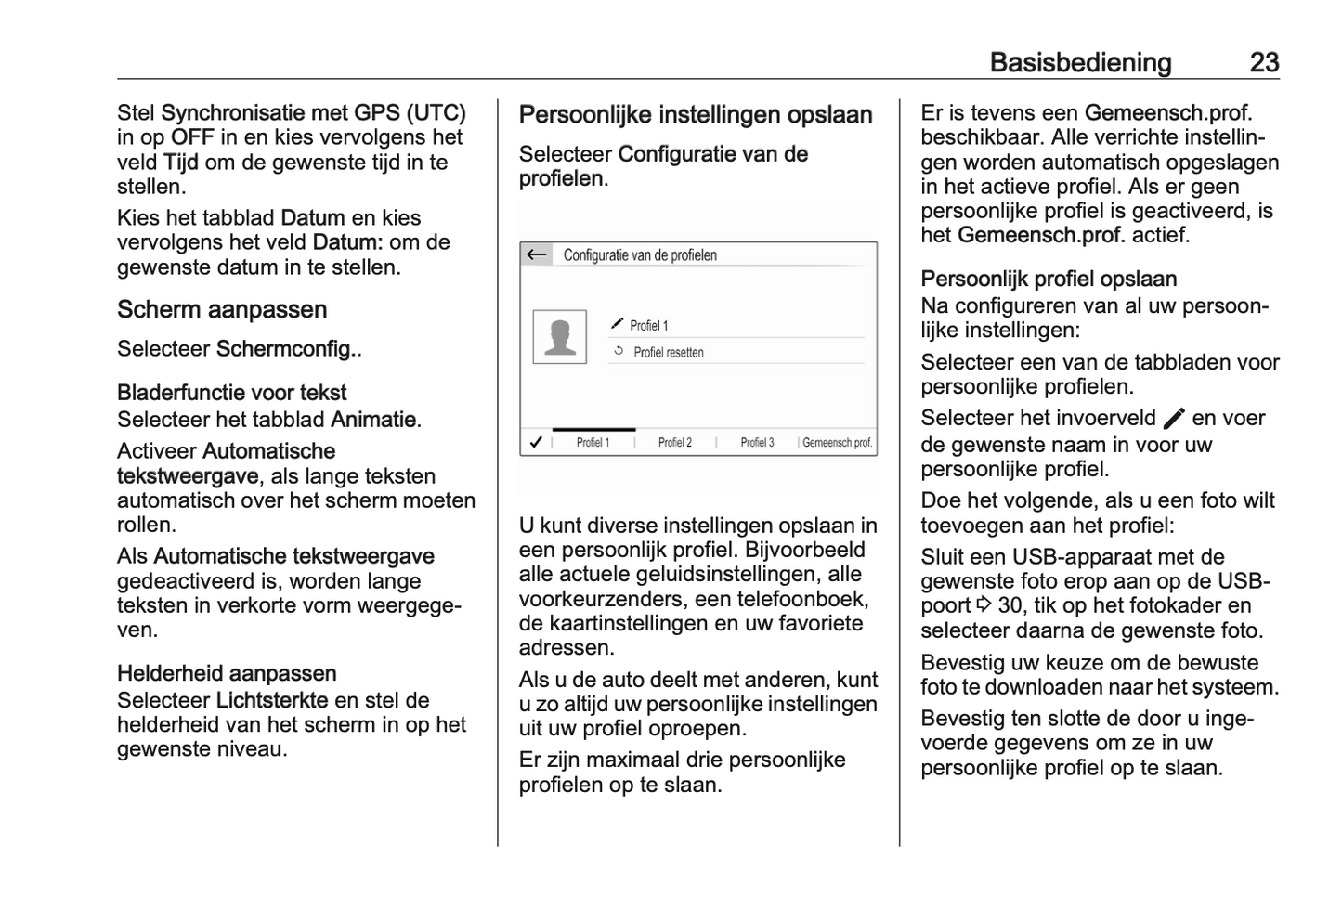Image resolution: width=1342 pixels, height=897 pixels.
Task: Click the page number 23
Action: click(1264, 62)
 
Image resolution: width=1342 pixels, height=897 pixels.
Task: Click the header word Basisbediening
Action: click(1080, 62)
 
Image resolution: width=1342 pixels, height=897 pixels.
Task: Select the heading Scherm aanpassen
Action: click(222, 310)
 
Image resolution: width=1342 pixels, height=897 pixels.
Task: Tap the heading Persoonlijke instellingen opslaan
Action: click(696, 115)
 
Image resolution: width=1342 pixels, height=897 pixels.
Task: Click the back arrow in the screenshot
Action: click(536, 254)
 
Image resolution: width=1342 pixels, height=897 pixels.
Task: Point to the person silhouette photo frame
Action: click(559, 337)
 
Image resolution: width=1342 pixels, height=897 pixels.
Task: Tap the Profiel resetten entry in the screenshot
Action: click(668, 353)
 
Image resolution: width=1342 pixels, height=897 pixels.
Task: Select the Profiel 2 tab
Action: click(675, 443)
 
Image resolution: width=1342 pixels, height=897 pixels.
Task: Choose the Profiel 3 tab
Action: click(757, 443)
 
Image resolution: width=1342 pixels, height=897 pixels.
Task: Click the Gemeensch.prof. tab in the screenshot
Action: click(837, 443)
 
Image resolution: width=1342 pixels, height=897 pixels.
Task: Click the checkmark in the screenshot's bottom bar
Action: click(535, 443)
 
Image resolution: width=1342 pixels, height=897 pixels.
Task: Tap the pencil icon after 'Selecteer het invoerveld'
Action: click(1174, 419)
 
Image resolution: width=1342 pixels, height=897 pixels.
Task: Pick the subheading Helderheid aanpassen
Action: click(227, 673)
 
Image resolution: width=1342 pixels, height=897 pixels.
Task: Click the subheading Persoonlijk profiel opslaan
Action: click(1049, 279)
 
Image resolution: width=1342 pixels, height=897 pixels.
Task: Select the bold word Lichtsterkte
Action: click(272, 700)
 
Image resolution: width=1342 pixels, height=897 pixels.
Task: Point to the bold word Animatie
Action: click(373, 420)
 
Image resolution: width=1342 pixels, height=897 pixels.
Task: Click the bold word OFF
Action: click(192, 137)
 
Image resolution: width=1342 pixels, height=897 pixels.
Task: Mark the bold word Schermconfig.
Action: click(286, 349)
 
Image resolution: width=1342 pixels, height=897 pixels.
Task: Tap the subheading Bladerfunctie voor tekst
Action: click(231, 393)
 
